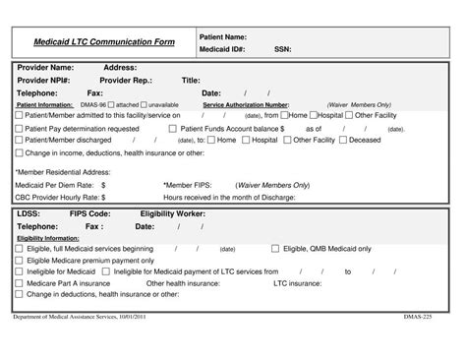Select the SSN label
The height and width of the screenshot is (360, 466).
coord(282,48)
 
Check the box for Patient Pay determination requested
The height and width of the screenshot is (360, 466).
coord(19,128)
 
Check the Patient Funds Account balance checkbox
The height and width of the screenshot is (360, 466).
coord(173,128)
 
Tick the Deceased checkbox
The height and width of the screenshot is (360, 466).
coord(343,141)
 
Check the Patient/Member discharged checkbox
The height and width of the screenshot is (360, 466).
coord(19,141)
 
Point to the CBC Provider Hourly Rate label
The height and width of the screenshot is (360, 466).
coord(62,196)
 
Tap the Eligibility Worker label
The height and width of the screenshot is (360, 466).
coord(173,212)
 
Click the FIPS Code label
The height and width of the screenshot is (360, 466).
coord(89,212)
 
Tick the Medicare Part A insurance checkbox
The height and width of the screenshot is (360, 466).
coord(19,283)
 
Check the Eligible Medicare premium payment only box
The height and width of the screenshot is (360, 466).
coord(19,260)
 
